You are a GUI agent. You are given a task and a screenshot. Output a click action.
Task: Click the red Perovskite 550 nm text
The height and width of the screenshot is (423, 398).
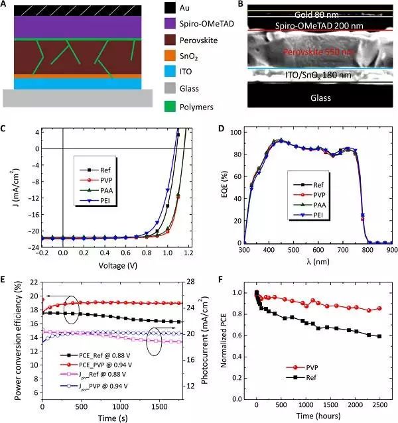click(307, 52)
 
